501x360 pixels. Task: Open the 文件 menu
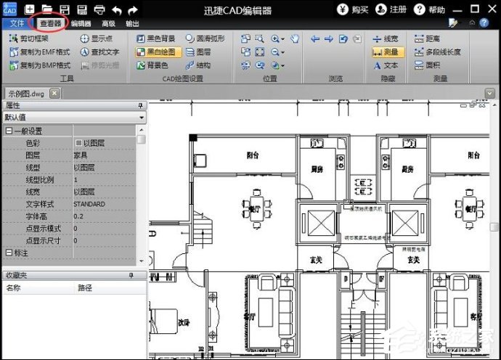[14, 23]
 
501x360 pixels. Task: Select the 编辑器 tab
[81, 23]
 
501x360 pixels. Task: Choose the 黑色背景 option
[155, 38]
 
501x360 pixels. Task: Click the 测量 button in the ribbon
[386, 52]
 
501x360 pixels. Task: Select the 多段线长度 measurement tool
[440, 52]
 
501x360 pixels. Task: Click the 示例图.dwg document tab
[28, 94]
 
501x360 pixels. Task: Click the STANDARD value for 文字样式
[89, 204]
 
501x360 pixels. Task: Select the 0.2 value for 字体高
[78, 216]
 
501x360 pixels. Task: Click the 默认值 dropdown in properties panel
[73, 117]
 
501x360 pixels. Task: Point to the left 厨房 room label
[317, 169]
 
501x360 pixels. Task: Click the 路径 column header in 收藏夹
[85, 288]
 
